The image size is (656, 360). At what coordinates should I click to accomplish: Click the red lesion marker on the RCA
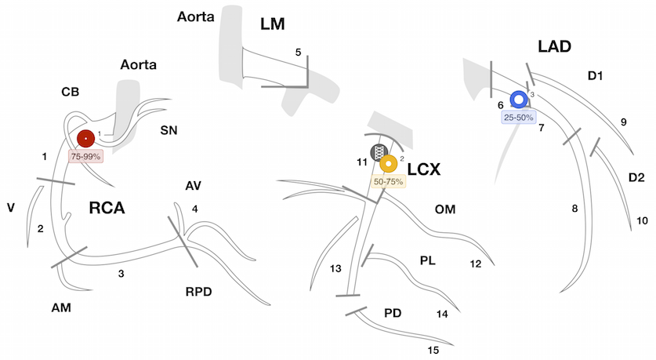point(85,139)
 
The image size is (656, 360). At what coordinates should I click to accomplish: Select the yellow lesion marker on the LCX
point(388,164)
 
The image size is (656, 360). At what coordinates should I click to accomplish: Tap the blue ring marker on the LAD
point(519,100)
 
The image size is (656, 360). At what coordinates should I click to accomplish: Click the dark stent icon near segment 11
point(379,151)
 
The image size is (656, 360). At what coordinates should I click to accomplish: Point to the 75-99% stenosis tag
point(86,156)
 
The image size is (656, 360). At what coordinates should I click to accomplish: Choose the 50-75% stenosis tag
point(388,181)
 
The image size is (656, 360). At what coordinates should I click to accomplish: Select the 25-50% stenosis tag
point(519,116)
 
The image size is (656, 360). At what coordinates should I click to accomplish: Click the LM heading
point(277,26)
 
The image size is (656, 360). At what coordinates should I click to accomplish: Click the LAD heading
point(554,47)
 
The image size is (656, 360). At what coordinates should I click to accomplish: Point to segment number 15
point(433,349)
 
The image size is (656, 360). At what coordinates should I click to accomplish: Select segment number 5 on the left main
point(298,52)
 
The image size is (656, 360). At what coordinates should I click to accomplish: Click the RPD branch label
point(198,292)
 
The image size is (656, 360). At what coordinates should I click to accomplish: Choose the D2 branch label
point(636,178)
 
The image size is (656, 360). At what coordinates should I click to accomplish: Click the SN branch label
point(169,130)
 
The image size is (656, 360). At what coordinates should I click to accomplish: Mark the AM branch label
point(62,308)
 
